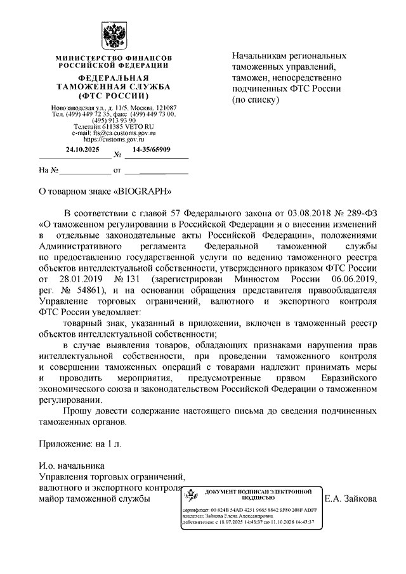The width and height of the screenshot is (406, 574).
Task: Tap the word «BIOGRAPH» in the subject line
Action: [143, 190]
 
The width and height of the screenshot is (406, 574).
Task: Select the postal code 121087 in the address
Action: [166, 108]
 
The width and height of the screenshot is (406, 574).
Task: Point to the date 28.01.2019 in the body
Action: [86, 279]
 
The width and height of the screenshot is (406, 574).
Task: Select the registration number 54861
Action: [96, 290]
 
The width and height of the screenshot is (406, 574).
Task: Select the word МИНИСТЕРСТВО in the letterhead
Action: [81, 58]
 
